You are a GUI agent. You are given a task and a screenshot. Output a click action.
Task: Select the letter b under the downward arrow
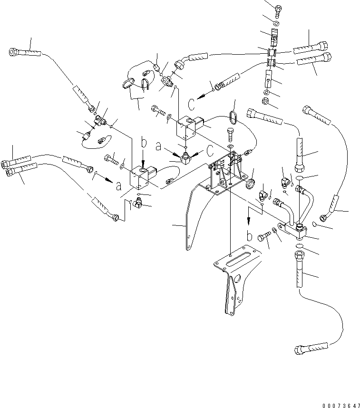pos(249,235)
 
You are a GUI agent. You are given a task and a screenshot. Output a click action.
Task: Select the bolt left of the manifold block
pos(264,236)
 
